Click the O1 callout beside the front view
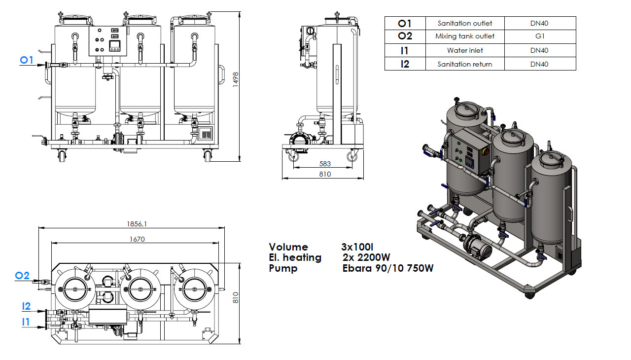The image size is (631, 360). point(26,60)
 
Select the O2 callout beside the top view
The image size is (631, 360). point(22,276)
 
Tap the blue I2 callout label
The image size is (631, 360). point(26,306)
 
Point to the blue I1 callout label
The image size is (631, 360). point(26,322)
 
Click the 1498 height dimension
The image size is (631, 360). point(236,77)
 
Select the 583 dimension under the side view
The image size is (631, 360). point(325,164)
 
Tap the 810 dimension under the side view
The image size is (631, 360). point(325,174)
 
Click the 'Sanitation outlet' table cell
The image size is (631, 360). point(464,23)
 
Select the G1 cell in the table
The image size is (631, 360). point(540,36)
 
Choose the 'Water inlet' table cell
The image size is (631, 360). point(464,50)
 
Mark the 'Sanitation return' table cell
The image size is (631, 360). point(464,64)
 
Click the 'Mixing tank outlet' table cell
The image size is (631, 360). point(464,36)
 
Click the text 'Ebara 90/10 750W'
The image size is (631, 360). point(388,268)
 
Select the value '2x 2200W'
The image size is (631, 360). point(366,257)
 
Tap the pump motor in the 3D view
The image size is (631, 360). point(477,247)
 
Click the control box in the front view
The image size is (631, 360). point(106,40)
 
